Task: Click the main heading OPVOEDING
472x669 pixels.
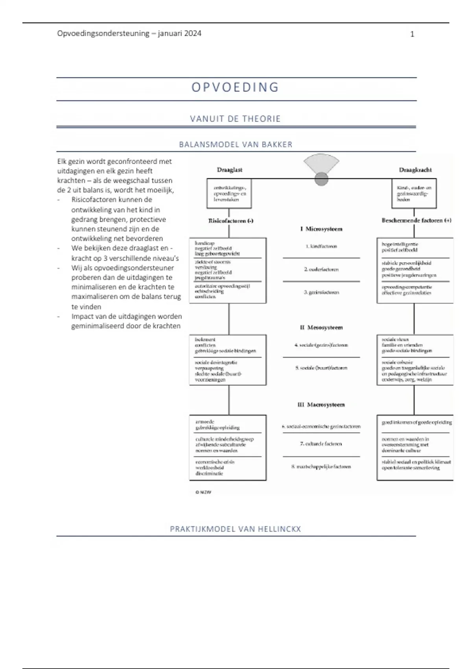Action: click(x=235, y=87)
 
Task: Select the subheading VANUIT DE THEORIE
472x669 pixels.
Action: click(x=235, y=119)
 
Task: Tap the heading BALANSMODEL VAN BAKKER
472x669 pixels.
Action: click(x=236, y=144)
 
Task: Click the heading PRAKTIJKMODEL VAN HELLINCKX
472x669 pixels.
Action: click(x=235, y=529)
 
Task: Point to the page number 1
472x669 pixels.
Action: click(x=412, y=34)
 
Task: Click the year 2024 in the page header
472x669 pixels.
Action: click(x=192, y=33)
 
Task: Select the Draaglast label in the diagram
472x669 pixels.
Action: click(x=230, y=170)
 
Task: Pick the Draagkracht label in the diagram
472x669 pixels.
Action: click(x=415, y=170)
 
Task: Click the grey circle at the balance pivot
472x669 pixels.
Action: click(x=321, y=179)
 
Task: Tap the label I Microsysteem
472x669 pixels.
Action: click(x=321, y=229)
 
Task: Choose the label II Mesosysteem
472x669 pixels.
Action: click(x=321, y=327)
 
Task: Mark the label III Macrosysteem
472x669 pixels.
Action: click(x=321, y=405)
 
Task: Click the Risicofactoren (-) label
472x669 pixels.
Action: click(x=231, y=221)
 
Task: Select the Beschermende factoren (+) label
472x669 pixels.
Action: click(x=417, y=220)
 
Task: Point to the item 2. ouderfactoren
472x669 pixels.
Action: click(x=321, y=270)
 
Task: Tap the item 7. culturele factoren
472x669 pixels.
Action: click(x=321, y=444)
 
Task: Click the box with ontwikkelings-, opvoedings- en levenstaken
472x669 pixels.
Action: click(x=229, y=194)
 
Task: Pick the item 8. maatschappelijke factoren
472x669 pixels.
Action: click(x=321, y=466)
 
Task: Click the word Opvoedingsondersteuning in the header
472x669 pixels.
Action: click(x=103, y=33)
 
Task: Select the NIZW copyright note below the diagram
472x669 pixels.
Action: click(x=203, y=492)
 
